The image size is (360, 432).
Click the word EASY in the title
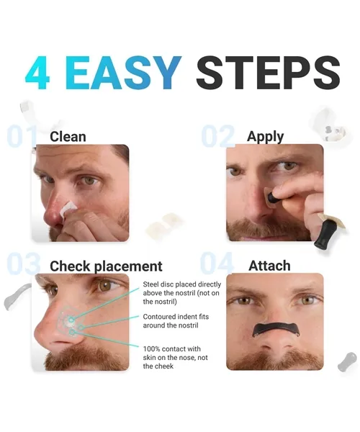click(x=123, y=72)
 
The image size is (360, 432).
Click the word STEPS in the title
click(x=268, y=72)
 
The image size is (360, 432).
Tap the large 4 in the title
click(x=37, y=73)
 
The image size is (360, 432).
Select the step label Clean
click(x=68, y=137)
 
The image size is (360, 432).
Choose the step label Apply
click(x=265, y=137)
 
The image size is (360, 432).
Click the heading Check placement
click(x=106, y=266)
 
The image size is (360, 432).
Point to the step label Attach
click(x=269, y=266)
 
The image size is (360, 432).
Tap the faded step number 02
click(x=217, y=136)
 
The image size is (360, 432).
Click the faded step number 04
click(x=217, y=264)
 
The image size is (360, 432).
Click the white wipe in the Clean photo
click(x=68, y=209)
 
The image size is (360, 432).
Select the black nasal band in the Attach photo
click(x=276, y=328)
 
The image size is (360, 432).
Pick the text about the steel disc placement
click(x=181, y=293)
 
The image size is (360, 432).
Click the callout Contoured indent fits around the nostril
click(x=176, y=321)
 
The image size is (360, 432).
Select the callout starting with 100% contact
click(x=175, y=357)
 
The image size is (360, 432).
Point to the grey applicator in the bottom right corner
click(x=347, y=361)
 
